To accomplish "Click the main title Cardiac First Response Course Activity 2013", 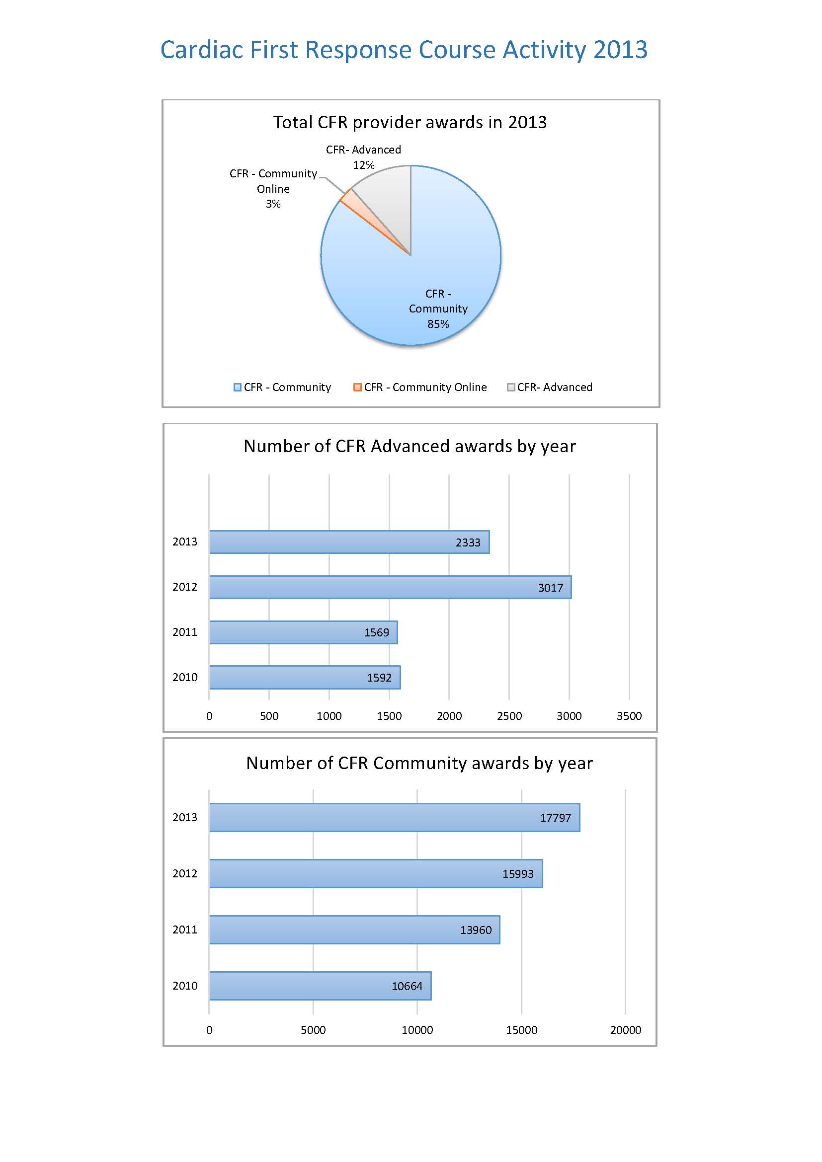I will tap(404, 50).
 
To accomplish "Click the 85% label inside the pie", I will tap(438, 324).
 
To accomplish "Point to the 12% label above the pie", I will tap(363, 165).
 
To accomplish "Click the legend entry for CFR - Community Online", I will tap(420, 387).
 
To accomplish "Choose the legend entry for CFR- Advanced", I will tap(550, 387).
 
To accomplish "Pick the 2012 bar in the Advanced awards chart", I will tap(390, 587).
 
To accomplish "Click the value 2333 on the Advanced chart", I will tap(468, 542).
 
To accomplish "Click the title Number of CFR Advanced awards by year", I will tap(410, 446).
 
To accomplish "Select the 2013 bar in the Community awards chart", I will tap(394, 817).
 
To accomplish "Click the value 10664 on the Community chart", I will tap(407, 986).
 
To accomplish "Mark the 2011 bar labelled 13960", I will tap(354, 930).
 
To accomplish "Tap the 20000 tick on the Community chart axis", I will tap(626, 1030).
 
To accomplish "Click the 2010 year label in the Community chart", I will tap(185, 985).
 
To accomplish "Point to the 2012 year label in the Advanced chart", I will tap(185, 587).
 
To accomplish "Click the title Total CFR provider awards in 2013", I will tap(410, 122).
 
